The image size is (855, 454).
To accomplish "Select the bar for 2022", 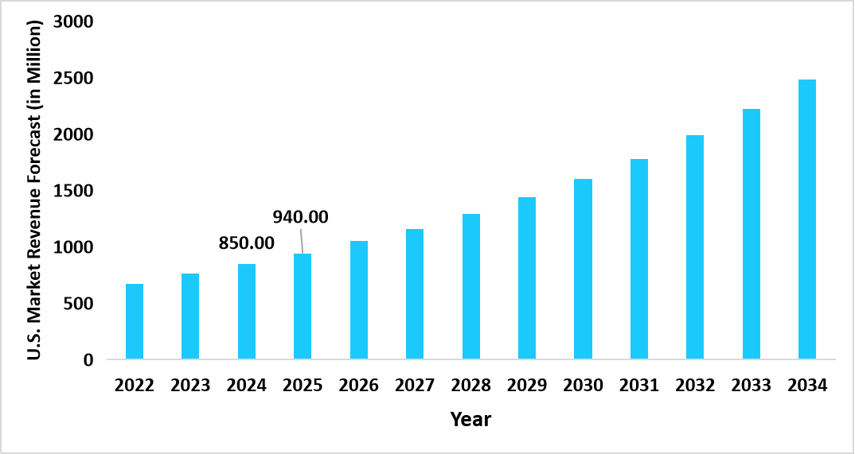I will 135,322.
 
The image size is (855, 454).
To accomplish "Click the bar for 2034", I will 807,219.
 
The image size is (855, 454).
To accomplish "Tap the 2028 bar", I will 470,287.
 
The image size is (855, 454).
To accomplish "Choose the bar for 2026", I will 359,300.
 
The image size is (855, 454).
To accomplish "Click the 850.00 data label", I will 246,243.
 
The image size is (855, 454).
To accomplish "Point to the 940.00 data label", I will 301,217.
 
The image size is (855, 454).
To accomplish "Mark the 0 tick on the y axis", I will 88,360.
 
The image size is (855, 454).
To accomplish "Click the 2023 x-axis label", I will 190,386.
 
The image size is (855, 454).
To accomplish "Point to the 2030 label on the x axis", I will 583,386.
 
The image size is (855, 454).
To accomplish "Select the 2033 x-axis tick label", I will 751,386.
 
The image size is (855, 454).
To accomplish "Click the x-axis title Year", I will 470,419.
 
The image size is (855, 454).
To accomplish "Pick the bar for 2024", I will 247,312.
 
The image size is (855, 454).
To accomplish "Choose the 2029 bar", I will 527,278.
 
